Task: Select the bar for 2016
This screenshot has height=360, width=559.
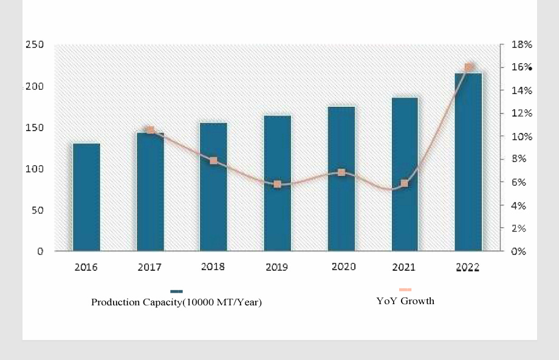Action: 86,197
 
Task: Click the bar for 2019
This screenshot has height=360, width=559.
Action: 277,183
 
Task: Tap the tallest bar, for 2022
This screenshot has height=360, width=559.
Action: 468,161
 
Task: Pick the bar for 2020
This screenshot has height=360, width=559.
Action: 341,178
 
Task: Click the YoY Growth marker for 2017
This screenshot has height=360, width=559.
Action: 150,130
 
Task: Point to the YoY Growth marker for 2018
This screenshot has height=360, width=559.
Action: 213,161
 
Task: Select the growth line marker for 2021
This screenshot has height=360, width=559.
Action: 405,183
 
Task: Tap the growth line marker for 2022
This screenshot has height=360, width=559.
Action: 468,67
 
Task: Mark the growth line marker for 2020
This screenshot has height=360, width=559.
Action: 341,172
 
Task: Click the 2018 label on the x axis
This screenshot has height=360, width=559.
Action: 213,267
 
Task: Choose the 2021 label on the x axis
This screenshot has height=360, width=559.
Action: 404,267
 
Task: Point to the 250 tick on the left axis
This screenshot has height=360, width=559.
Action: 35,45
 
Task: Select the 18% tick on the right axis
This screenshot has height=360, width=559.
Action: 521,45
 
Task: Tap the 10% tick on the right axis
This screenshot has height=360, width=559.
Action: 521,137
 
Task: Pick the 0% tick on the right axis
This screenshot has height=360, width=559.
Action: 518,251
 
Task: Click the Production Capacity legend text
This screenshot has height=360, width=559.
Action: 176,302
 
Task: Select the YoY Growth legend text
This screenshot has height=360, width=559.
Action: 405,301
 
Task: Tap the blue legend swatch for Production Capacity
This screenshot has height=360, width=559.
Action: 176,291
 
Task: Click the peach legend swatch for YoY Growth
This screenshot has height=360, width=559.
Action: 405,290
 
